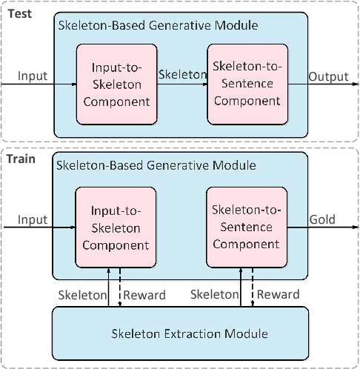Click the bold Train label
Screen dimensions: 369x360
[x=21, y=158]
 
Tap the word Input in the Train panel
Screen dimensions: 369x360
[x=32, y=219]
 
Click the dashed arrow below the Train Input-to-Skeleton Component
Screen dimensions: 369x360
[x=120, y=285]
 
